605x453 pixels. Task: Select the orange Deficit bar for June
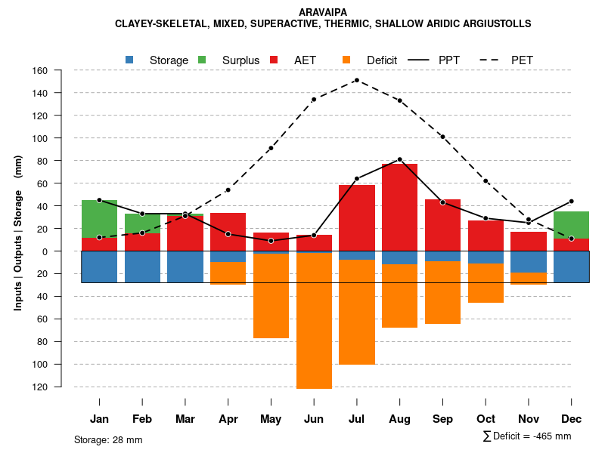(314, 321)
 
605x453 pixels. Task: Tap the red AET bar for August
(400, 207)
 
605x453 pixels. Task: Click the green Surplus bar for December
(571, 225)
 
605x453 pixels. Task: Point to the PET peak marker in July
(356, 80)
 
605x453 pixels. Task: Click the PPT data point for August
(399, 159)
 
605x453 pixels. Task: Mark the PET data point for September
(442, 137)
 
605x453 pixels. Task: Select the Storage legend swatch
(129, 60)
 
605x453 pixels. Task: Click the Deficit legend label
(382, 60)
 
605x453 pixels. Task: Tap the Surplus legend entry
(240, 60)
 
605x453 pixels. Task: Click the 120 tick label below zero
(60, 387)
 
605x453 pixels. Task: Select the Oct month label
(486, 419)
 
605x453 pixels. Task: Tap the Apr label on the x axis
(228, 419)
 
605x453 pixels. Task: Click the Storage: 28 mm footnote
(108, 439)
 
